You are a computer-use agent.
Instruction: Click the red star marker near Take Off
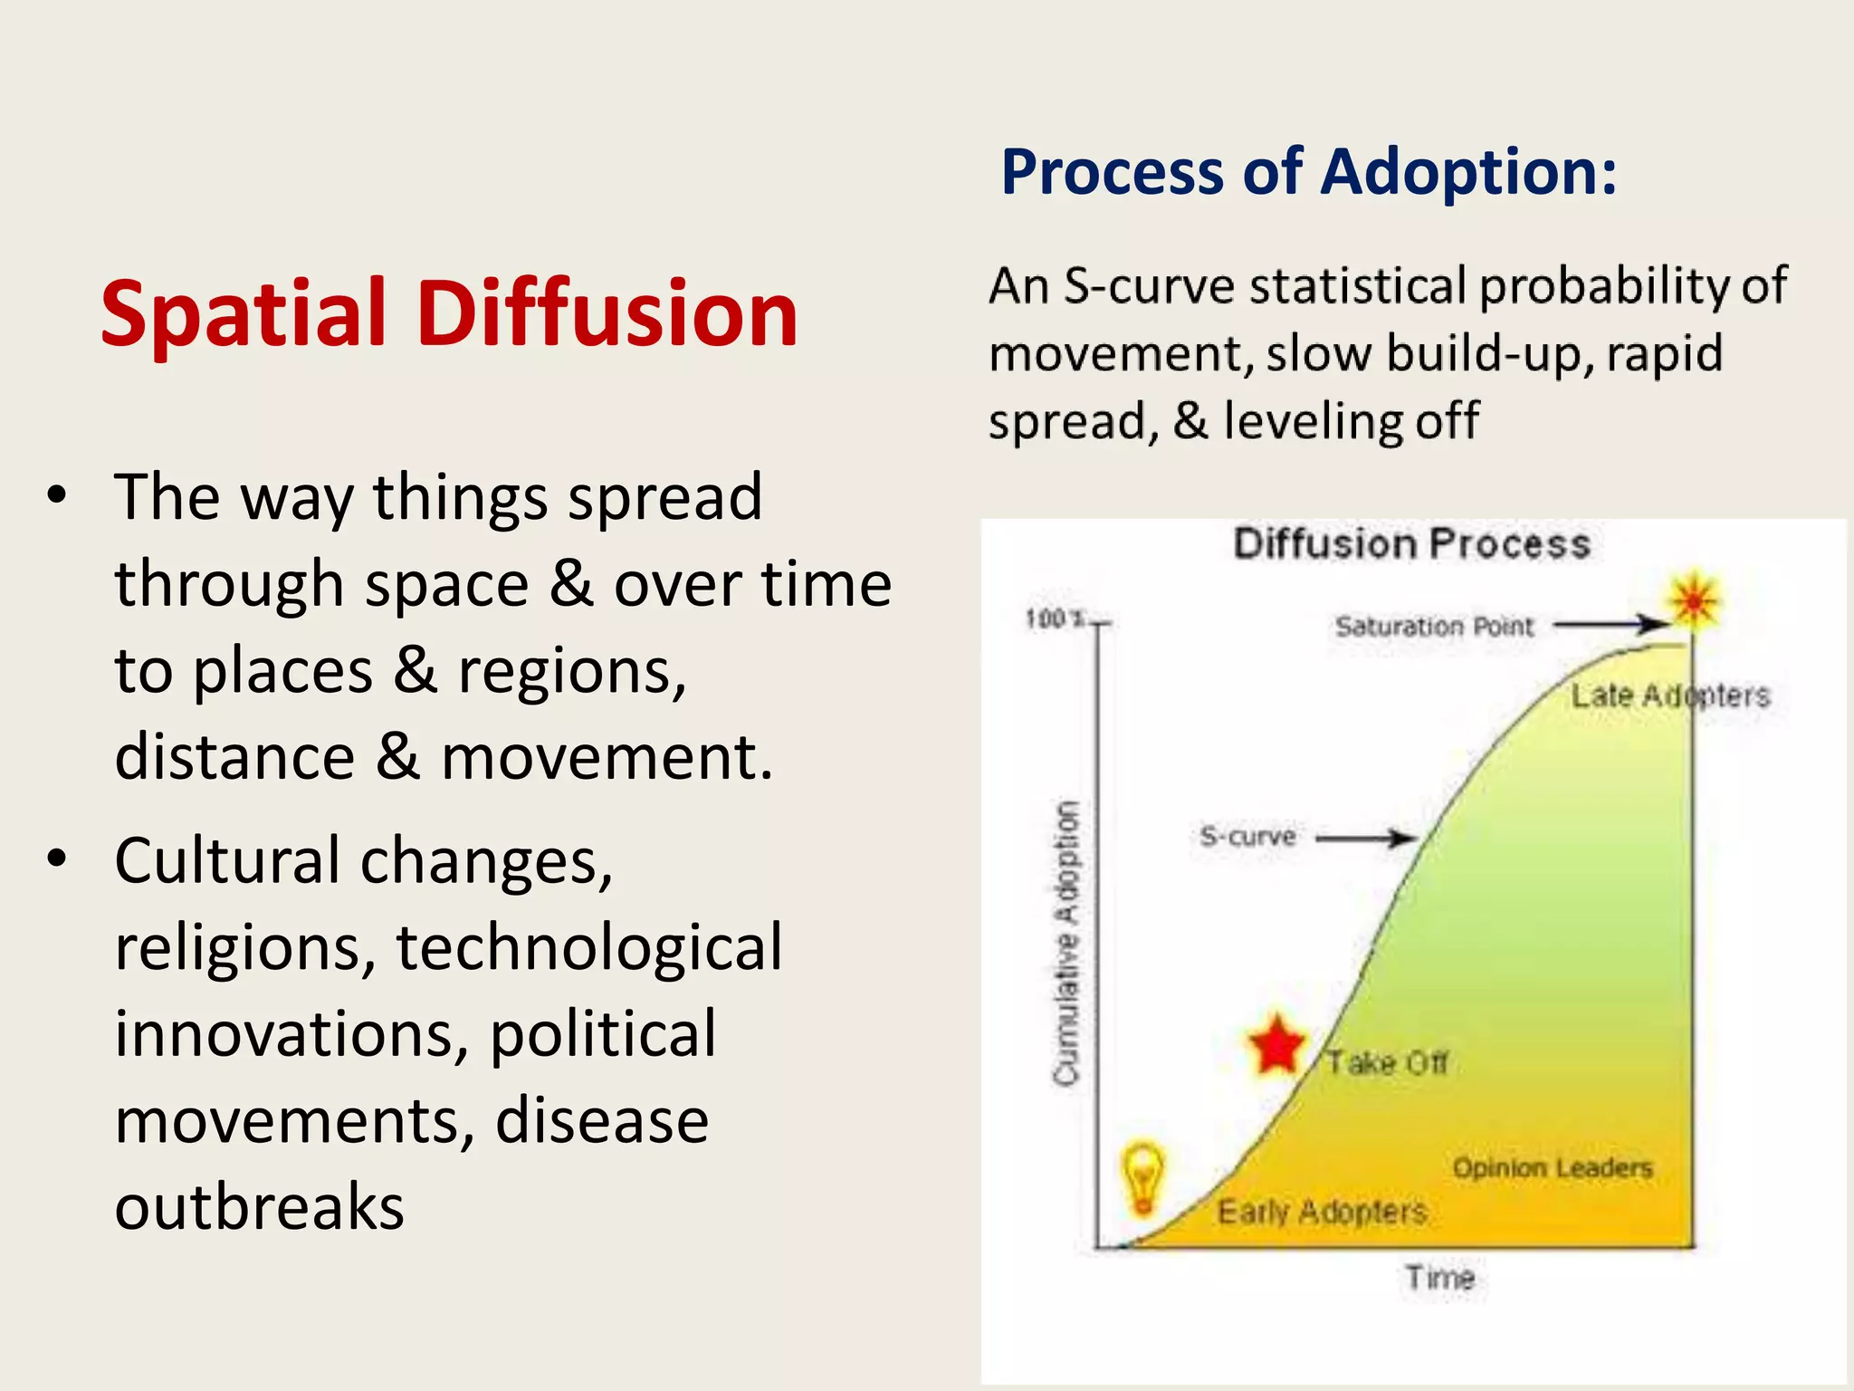click(x=1276, y=1045)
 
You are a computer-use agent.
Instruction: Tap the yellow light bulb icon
click(x=1142, y=1177)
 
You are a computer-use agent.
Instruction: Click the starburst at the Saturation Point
click(x=1694, y=600)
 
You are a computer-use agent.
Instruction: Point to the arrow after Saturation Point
click(x=1612, y=624)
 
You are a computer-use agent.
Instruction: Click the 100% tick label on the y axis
click(x=1055, y=619)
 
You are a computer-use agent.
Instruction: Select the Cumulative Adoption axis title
click(x=1067, y=942)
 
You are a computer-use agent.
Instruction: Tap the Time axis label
click(x=1440, y=1278)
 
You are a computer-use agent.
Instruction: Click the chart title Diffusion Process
click(x=1412, y=544)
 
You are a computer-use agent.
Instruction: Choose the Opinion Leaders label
click(x=1553, y=1168)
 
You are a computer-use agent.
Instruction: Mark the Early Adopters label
click(x=1322, y=1212)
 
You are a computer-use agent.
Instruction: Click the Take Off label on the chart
click(x=1388, y=1062)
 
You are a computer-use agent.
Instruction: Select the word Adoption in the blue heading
click(x=1467, y=172)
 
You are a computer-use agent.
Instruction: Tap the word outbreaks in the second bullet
click(x=259, y=1207)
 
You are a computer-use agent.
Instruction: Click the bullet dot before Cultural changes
click(x=58, y=858)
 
